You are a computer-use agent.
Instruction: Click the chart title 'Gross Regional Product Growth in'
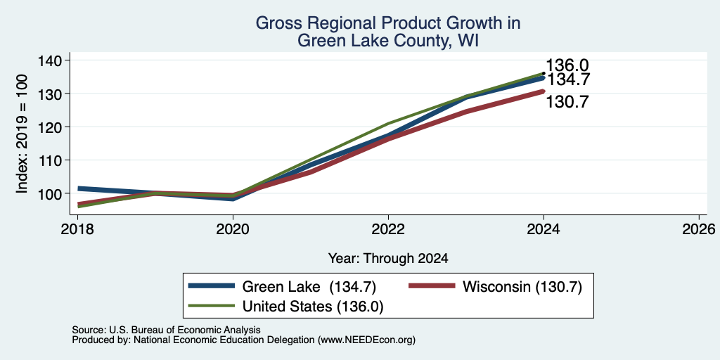pyautogui.click(x=387, y=23)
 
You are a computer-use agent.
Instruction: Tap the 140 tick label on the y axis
pyautogui.click(x=51, y=60)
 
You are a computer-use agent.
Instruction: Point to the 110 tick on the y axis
pyautogui.click(x=51, y=160)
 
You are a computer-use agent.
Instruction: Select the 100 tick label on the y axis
pyautogui.click(x=51, y=193)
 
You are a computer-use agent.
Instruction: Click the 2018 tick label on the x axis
pyautogui.click(x=77, y=229)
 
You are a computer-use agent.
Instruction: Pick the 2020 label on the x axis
pyautogui.click(x=233, y=229)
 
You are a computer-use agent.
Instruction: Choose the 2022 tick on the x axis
pyautogui.click(x=388, y=229)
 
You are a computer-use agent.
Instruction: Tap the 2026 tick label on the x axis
pyautogui.click(x=699, y=229)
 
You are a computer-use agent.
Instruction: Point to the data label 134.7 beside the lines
pyautogui.click(x=568, y=80)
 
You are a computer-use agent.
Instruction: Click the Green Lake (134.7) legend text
pyautogui.click(x=309, y=287)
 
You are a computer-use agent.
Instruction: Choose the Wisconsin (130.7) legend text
pyautogui.click(x=522, y=287)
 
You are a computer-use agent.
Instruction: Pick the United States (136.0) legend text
pyautogui.click(x=312, y=307)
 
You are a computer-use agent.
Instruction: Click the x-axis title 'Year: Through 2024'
pyautogui.click(x=388, y=259)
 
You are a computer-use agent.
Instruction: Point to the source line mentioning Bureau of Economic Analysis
pyautogui.click(x=166, y=330)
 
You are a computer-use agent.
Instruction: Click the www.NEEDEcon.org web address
pyautogui.click(x=366, y=340)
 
